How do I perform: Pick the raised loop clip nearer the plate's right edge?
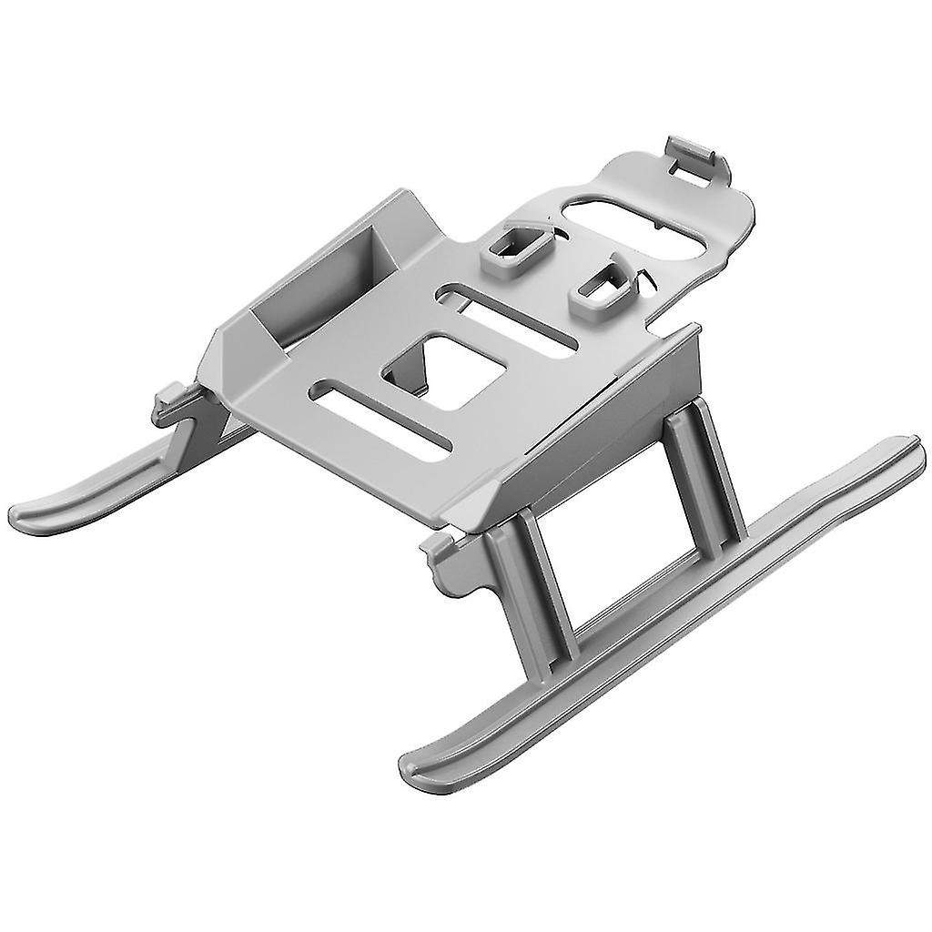604,291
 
